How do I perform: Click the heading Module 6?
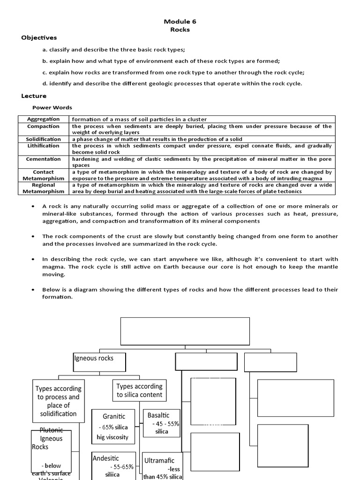180,22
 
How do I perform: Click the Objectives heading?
39,37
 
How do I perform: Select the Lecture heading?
34,96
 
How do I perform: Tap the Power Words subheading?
52,107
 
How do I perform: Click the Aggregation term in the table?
43,120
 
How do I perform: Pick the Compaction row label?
43,126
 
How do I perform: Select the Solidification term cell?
43,139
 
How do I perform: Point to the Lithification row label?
43,146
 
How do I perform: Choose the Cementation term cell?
43,159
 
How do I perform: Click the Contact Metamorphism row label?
43,175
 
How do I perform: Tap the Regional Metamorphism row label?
43,188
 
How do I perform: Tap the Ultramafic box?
162,467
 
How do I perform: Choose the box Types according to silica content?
139,390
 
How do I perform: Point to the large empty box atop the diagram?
185,331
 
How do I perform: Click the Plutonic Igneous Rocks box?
52,452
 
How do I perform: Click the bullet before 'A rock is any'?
32,207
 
